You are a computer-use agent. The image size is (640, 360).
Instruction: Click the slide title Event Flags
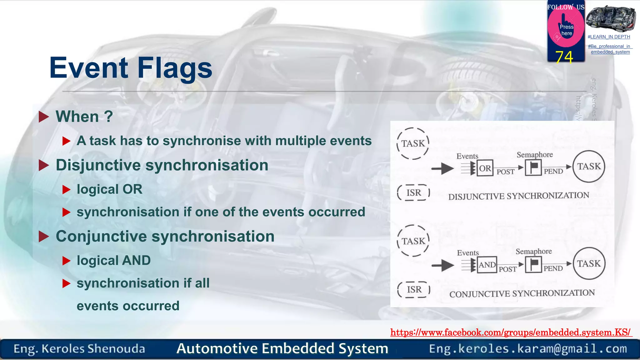pyautogui.click(x=131, y=68)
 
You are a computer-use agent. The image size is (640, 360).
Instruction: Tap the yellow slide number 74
pyautogui.click(x=564, y=57)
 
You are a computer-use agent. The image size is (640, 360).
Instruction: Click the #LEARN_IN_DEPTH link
pyautogui.click(x=609, y=37)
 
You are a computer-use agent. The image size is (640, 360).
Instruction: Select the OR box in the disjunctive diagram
pyautogui.click(x=485, y=168)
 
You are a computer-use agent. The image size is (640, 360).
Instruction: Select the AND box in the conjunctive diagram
pyautogui.click(x=487, y=265)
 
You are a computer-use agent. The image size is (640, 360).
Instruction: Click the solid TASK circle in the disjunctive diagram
pyautogui.click(x=589, y=166)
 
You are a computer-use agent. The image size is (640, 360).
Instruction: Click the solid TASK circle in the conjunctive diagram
pyautogui.click(x=589, y=263)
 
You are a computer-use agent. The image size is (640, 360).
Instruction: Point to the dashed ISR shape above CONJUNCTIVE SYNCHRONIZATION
pyautogui.click(x=414, y=290)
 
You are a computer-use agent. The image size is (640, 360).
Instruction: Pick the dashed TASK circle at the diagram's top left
pyautogui.click(x=413, y=143)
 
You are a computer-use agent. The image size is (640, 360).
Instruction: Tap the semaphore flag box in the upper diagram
pyautogui.click(x=533, y=167)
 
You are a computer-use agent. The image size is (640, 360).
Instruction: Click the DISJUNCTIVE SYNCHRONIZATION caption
pyautogui.click(x=518, y=196)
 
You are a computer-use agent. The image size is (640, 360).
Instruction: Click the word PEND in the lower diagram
pyautogui.click(x=553, y=268)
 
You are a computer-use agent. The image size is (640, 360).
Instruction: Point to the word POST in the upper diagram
pyautogui.click(x=505, y=172)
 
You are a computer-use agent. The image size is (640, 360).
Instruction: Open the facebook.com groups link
pyautogui.click(x=511, y=332)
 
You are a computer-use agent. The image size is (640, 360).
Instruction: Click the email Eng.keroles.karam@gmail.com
pyautogui.click(x=528, y=348)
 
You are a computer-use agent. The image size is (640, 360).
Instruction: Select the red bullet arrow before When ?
pyautogui.click(x=44, y=117)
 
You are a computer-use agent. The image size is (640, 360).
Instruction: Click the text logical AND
pyautogui.click(x=114, y=260)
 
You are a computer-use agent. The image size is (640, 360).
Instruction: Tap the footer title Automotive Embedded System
pyautogui.click(x=282, y=348)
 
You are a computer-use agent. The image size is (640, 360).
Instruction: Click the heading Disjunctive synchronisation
pyautogui.click(x=162, y=165)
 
